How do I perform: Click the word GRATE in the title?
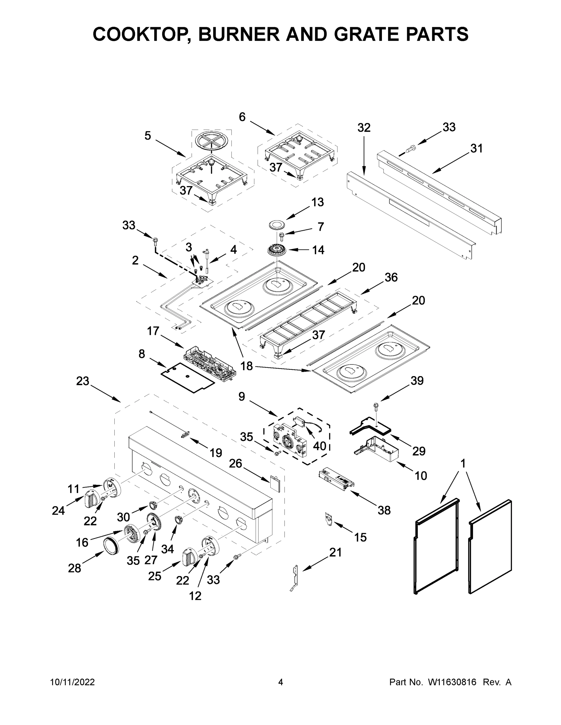364,34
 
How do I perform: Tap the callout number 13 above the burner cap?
317,202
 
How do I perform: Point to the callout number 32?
364,128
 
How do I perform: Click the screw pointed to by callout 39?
376,406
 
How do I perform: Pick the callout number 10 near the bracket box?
420,476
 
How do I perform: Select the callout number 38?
384,510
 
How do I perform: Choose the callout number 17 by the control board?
153,331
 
